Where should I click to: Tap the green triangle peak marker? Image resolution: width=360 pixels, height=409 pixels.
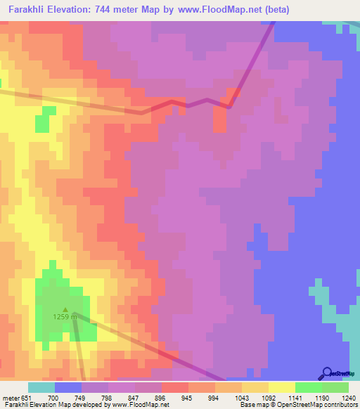pyautogui.click(x=65, y=309)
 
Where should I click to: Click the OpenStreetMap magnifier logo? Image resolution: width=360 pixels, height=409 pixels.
pyautogui.click(x=326, y=375)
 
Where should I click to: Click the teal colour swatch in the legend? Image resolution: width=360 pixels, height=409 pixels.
pyautogui.click(x=41, y=387)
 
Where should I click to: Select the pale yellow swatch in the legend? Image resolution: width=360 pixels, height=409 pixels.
pyautogui.click(x=281, y=387)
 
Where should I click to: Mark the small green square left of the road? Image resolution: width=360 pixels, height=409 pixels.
pyautogui.click(x=42, y=124)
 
